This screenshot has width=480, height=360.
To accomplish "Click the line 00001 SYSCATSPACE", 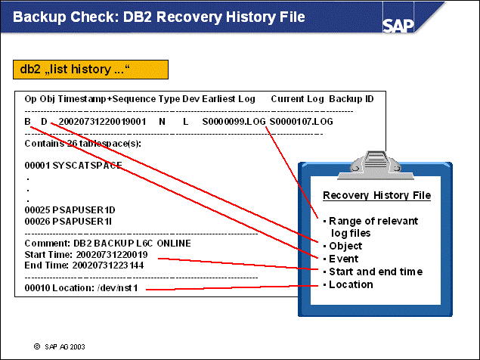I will pos(73,165).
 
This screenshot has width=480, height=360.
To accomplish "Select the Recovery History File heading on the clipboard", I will pos(376,195).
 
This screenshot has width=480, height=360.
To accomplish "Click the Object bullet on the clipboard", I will pos(345,246).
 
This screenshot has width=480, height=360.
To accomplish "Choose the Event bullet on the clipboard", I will pos(342,259).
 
